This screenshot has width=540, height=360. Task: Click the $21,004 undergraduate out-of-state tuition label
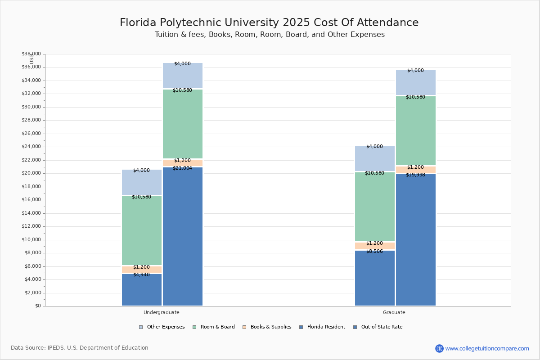(182, 168)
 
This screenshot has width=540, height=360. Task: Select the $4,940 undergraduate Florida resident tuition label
(141, 275)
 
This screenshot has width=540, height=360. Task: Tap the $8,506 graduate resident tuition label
(374, 252)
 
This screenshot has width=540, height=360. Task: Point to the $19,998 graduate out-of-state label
(415, 175)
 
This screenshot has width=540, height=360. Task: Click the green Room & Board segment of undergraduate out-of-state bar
(183, 124)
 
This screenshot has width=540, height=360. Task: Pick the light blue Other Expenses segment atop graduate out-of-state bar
(416, 83)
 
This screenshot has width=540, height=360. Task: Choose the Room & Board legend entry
(217, 327)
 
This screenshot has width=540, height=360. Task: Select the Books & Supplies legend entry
(270, 327)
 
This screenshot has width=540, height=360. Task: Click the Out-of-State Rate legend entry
(381, 327)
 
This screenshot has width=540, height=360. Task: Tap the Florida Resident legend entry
(326, 327)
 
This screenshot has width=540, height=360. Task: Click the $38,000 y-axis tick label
(31, 54)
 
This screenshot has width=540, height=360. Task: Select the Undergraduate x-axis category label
(162, 312)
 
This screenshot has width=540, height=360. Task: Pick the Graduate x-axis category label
(394, 312)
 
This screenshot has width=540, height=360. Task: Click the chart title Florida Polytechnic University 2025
(269, 23)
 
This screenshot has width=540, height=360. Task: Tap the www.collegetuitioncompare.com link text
(487, 348)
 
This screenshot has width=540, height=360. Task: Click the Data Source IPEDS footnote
(80, 348)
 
